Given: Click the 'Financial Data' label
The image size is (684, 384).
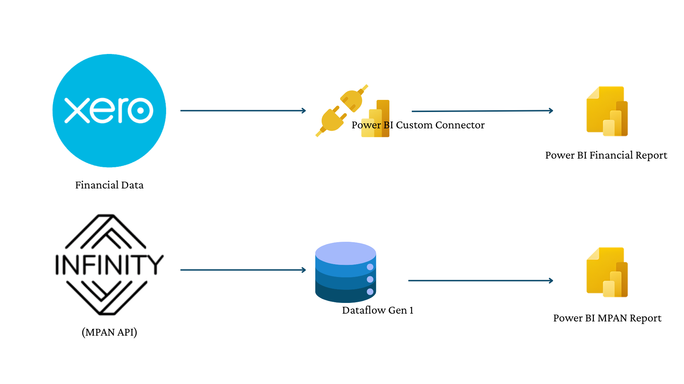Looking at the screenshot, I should (109, 185).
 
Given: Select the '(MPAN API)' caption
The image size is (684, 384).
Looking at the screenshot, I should (109, 332).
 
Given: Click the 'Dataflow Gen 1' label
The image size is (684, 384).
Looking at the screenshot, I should (378, 310).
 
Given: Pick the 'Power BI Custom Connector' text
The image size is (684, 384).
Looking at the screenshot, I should (418, 125).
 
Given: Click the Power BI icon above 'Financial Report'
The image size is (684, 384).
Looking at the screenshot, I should (607, 111).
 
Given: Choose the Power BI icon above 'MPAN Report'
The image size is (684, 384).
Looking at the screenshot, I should (607, 272).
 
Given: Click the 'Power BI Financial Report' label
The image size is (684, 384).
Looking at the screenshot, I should (606, 155).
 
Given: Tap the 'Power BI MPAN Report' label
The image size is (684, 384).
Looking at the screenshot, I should (607, 318).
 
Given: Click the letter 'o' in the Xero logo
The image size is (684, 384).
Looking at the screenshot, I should (140, 110).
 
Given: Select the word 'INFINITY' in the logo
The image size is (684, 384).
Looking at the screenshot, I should (109, 265).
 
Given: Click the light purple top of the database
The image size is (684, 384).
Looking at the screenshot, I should (346, 252).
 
